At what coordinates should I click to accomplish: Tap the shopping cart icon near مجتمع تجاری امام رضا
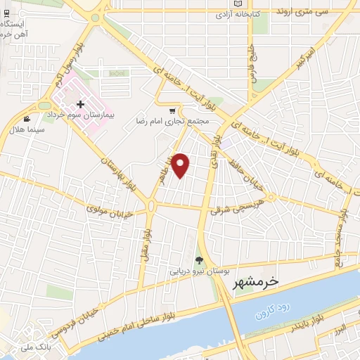tap(172, 111)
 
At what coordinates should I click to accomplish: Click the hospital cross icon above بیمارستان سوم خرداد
tap(89, 104)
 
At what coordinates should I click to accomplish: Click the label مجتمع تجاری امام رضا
tap(174, 121)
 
